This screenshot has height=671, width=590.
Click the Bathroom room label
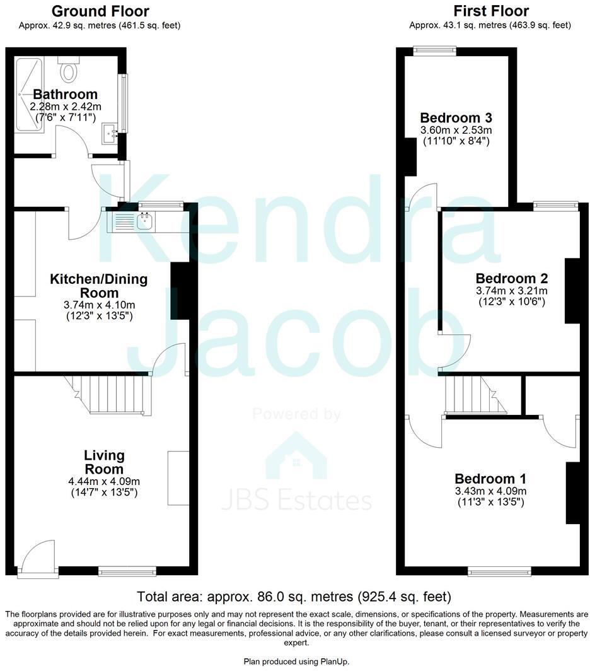(x=66, y=95)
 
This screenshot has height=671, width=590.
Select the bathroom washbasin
(x=110, y=133)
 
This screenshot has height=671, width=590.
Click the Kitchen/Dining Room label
(x=99, y=285)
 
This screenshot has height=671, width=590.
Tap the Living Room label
(x=105, y=462)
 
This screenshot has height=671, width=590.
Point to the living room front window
(x=127, y=571)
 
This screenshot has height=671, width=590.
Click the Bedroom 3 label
(x=456, y=117)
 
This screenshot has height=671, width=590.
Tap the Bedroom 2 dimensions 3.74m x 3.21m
(x=511, y=291)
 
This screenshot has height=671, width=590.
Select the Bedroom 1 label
(x=490, y=479)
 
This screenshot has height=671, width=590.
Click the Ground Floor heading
(x=100, y=11)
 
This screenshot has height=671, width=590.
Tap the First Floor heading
(x=491, y=11)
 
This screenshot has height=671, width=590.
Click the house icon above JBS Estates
(x=296, y=456)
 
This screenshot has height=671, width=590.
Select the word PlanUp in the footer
(x=331, y=660)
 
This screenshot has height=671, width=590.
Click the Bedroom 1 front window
(x=492, y=571)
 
